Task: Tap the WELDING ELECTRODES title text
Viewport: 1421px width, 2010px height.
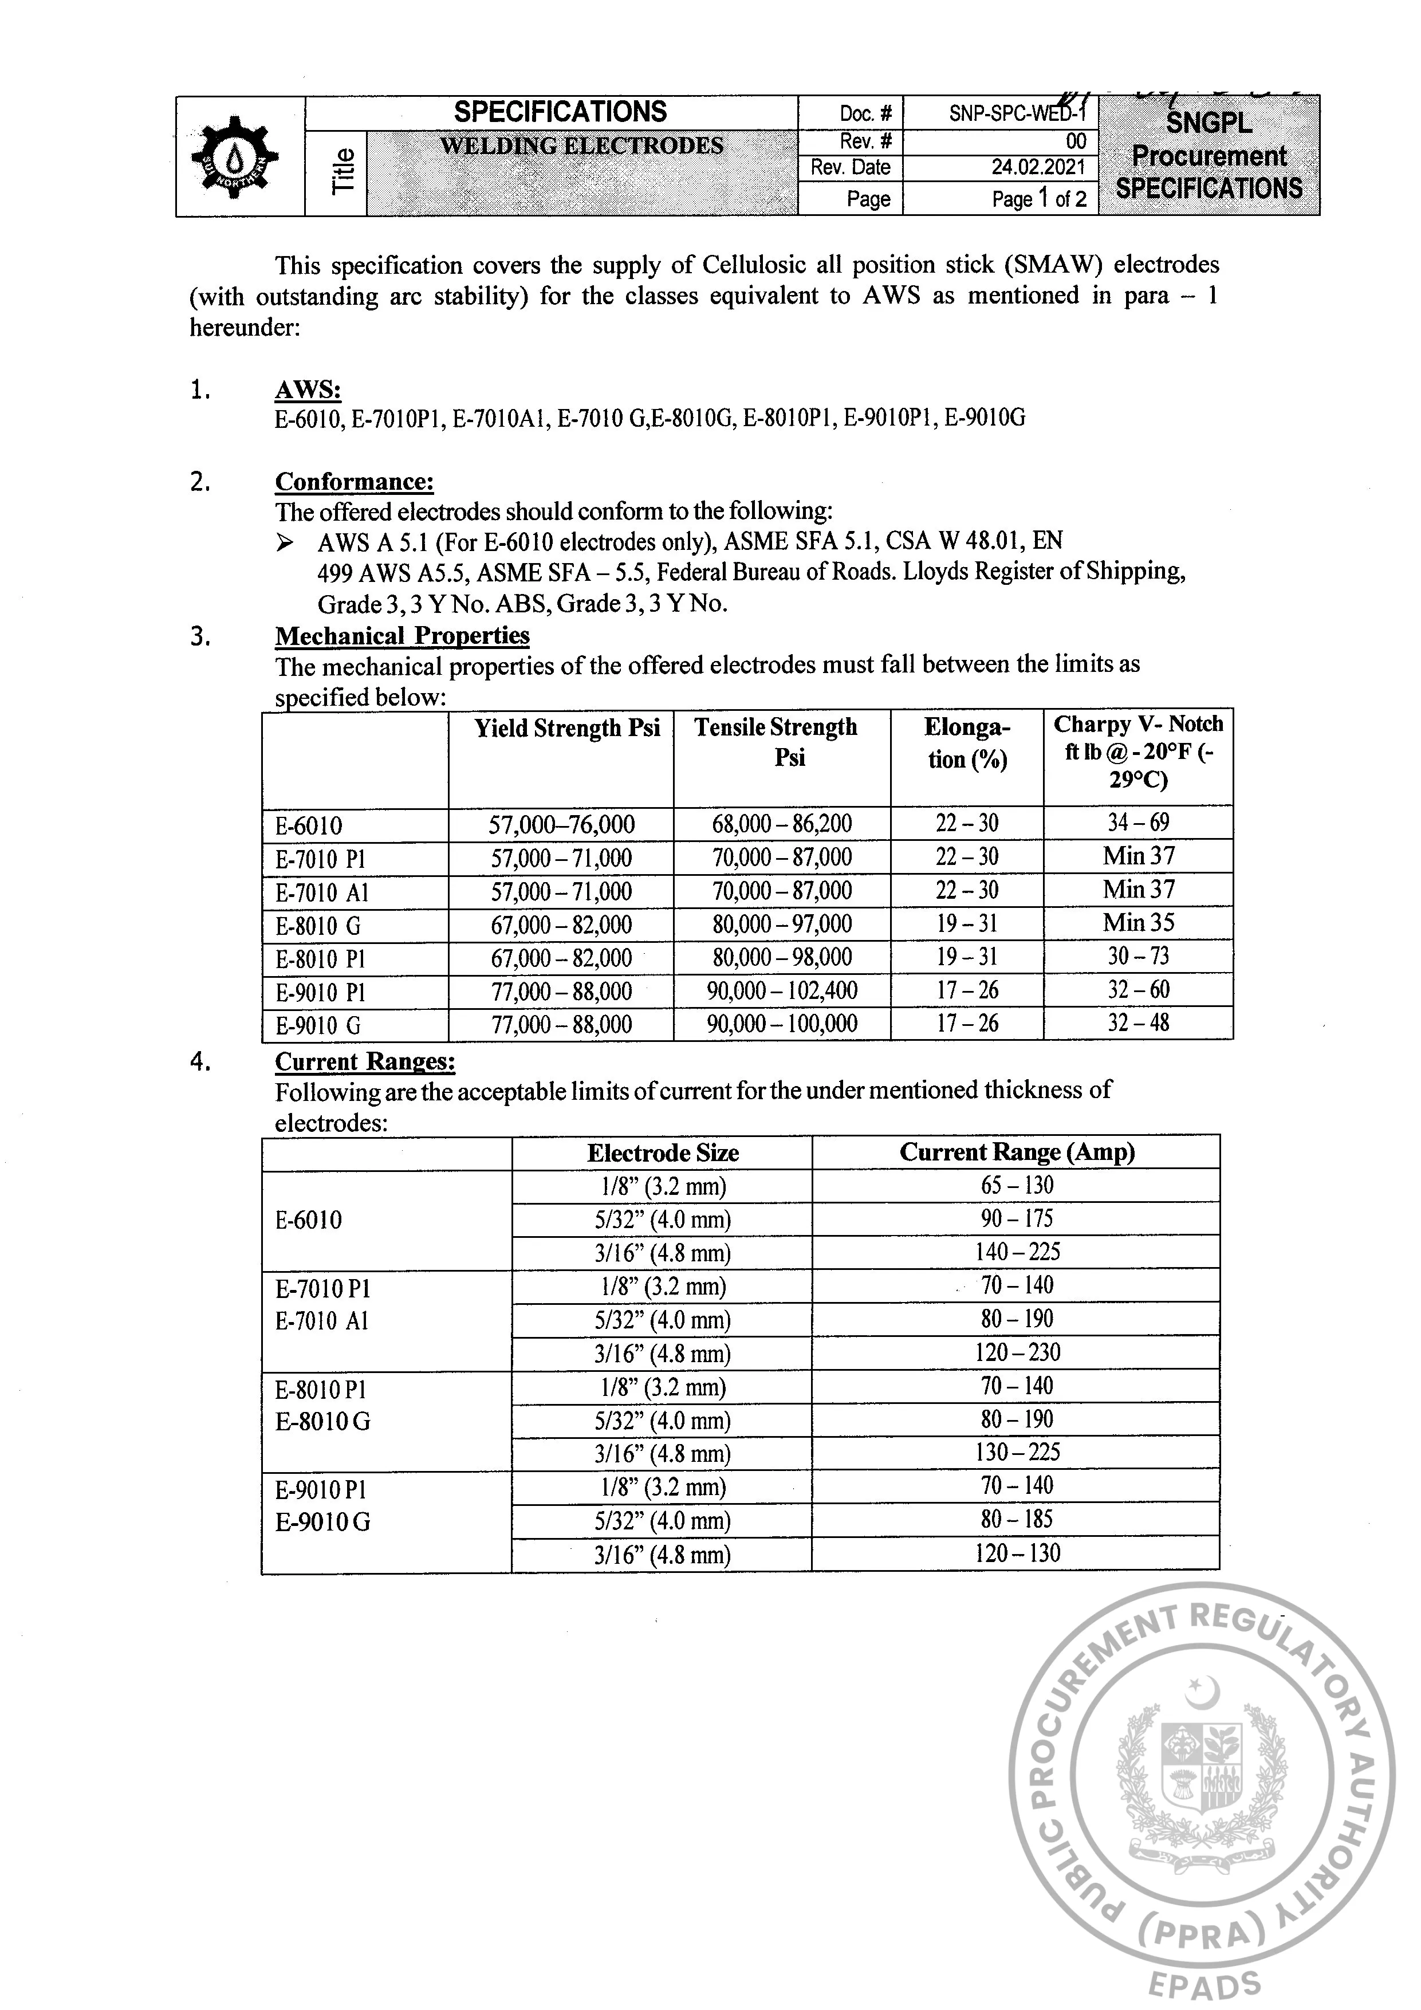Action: pyautogui.click(x=581, y=146)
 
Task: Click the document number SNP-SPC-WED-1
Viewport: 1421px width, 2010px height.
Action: pyautogui.click(x=1017, y=114)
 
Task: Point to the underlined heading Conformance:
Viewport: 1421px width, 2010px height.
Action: pyautogui.click(x=354, y=482)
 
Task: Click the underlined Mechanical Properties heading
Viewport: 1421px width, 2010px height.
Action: pyautogui.click(x=402, y=636)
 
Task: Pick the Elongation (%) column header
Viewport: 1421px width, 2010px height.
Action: pyautogui.click(x=967, y=744)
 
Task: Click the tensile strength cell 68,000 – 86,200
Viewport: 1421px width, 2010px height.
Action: pyautogui.click(x=782, y=824)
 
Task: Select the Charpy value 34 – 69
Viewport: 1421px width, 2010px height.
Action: pyautogui.click(x=1138, y=823)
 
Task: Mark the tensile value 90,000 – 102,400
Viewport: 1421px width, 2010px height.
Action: pyautogui.click(x=782, y=991)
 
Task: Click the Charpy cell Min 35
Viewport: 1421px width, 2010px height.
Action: pyautogui.click(x=1138, y=923)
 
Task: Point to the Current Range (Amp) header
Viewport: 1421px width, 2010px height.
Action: pyautogui.click(x=1017, y=1152)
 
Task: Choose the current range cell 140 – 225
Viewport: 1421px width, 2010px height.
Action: pyautogui.click(x=1017, y=1252)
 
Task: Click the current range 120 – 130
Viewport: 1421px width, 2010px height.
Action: pyautogui.click(x=1017, y=1554)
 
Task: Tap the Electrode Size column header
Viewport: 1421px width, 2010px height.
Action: pyautogui.click(x=663, y=1153)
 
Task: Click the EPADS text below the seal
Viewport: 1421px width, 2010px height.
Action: pyautogui.click(x=1204, y=1985)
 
